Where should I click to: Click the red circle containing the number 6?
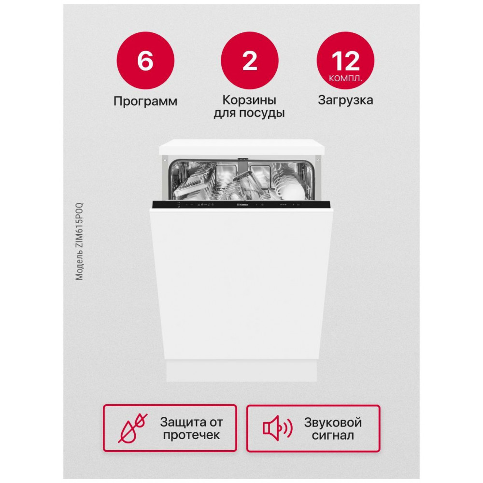145,60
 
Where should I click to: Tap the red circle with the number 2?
250,60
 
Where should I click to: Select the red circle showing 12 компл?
345,60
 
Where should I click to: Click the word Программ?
145,101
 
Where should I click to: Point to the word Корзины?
249,100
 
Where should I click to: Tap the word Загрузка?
345,100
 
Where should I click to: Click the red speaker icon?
277,428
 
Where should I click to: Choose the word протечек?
191,435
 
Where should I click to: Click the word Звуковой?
333,422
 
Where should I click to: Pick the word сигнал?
333,435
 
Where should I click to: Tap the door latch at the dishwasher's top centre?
243,159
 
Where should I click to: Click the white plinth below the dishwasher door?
241,371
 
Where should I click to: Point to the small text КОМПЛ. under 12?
345,79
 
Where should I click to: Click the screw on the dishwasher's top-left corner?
165,160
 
